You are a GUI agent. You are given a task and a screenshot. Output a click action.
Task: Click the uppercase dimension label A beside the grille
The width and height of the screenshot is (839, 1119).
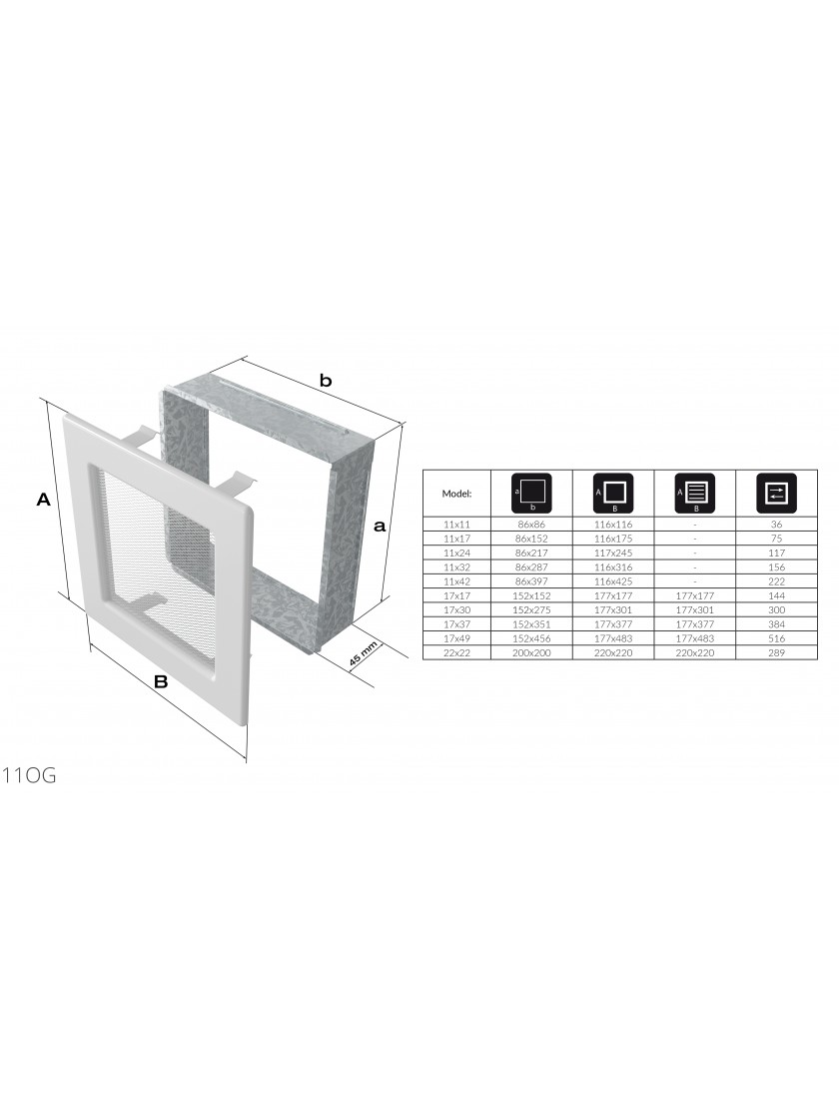(x=44, y=500)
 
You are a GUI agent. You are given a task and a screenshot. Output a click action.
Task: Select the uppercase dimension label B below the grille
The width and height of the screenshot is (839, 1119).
(x=161, y=681)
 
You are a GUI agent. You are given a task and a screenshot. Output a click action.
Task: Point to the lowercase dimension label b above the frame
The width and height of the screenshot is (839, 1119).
(x=326, y=381)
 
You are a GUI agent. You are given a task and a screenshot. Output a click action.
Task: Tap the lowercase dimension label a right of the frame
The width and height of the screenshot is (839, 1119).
(x=380, y=527)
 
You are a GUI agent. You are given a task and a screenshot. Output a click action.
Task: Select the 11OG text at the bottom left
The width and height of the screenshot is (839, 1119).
(x=29, y=775)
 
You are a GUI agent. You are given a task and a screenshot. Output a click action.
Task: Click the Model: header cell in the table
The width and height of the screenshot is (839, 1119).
(x=456, y=494)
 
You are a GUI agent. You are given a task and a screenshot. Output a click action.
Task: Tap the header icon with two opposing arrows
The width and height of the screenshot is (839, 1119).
(x=776, y=493)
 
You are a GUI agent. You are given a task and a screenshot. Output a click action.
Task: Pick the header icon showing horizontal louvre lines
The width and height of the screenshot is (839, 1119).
(x=695, y=493)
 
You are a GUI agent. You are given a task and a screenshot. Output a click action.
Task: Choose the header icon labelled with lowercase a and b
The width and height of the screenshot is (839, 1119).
(x=531, y=493)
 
